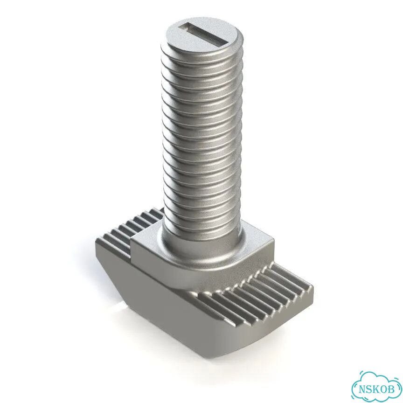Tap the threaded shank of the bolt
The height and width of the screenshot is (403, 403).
202,134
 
